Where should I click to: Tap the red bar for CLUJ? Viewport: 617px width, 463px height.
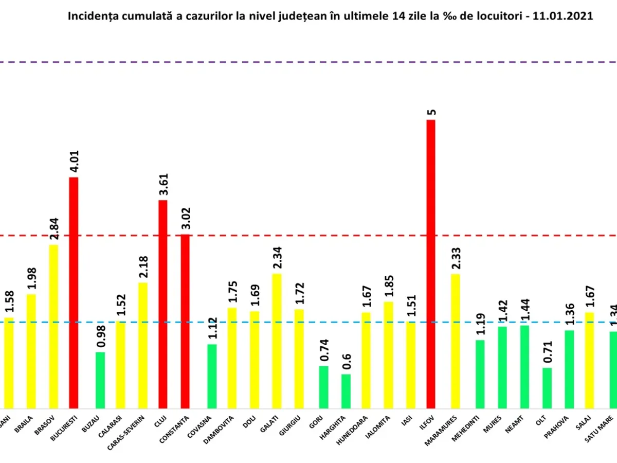163,304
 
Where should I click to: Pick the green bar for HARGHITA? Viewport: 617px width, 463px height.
346,390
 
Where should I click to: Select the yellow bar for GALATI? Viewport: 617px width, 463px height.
277,340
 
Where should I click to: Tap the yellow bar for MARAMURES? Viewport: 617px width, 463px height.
456,340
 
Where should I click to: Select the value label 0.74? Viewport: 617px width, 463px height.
324,350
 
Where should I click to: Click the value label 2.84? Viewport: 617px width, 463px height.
54,227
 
